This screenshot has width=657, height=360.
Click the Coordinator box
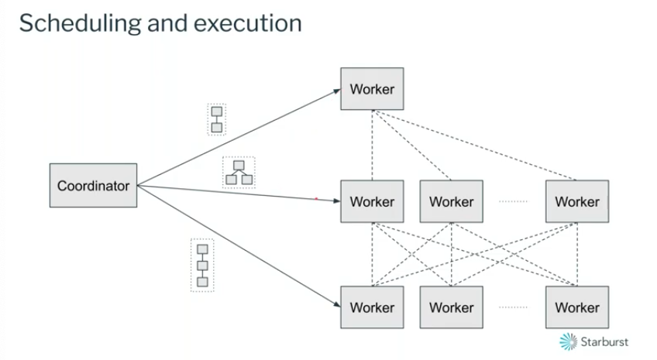(93, 185)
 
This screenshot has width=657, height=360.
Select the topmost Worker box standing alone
(372, 89)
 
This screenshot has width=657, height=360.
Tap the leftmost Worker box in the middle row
(372, 201)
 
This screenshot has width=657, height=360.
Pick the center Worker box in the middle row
(451, 201)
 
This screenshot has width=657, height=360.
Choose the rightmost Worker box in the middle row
(576, 201)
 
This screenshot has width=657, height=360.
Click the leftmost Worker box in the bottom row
(372, 307)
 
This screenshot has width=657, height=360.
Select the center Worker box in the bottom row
(451, 307)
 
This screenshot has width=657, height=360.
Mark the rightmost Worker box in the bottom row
(576, 307)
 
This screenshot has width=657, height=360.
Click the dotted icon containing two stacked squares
(217, 119)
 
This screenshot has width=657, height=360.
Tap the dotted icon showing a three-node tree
(239, 173)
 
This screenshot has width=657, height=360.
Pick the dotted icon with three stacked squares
(202, 266)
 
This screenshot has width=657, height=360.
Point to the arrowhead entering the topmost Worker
(336, 91)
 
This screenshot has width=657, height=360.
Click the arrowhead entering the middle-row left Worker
(336, 201)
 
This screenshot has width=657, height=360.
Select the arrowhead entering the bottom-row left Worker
(336, 304)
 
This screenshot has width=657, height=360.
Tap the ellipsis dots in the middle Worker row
(513, 201)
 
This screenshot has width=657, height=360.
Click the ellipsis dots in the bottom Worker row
(513, 307)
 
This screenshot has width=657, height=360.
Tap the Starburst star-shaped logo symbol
(569, 341)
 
